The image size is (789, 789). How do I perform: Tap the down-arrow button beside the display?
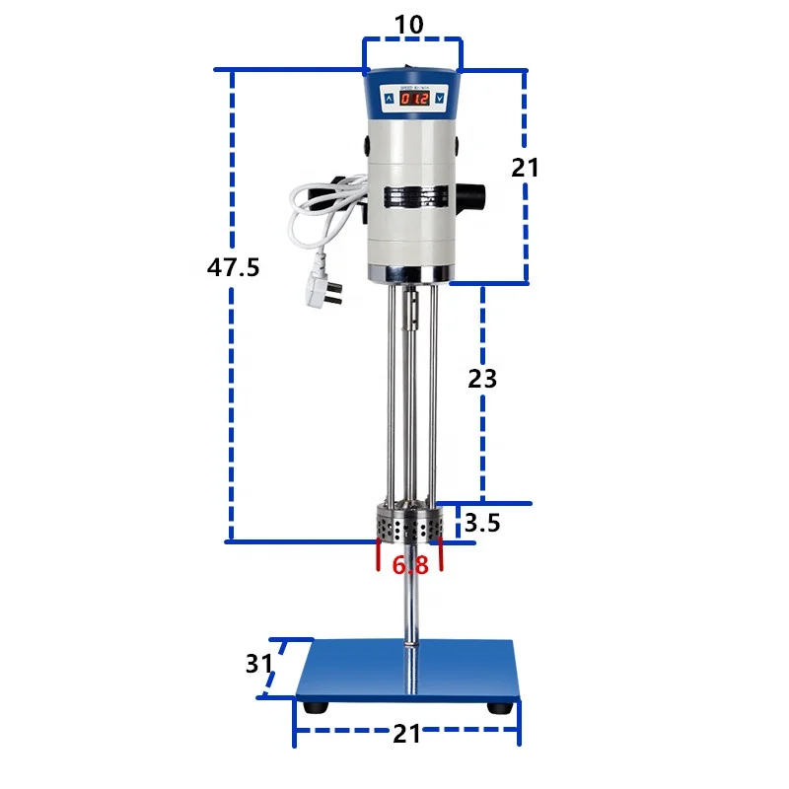coord(438,99)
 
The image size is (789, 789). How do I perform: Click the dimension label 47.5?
coord(233,266)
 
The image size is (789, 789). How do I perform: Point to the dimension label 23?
coord(482,378)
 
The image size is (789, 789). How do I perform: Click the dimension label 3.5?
coord(482,524)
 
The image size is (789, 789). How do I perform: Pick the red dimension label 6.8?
coord(409,565)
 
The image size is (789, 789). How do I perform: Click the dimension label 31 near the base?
coord(259,665)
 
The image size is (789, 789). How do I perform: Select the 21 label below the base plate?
coord(407,734)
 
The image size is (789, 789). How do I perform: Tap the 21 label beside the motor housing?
coord(525,168)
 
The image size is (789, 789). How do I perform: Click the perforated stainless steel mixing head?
coord(409,524)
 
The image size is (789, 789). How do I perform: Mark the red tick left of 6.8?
coord(378,554)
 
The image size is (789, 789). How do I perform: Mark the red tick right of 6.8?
coord(441,554)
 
